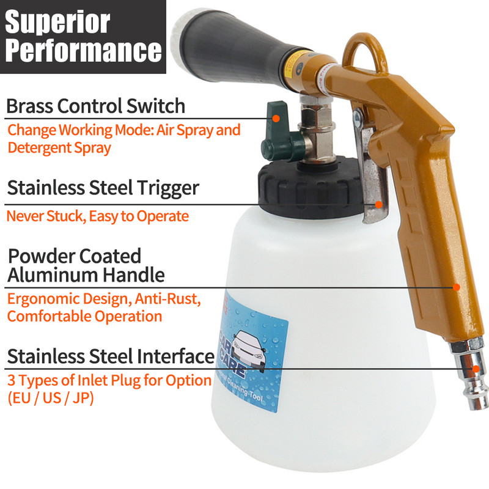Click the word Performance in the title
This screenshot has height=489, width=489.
pos(83,52)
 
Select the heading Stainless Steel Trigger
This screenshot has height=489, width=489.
pos(103,188)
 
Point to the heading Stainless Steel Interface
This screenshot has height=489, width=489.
pos(111,356)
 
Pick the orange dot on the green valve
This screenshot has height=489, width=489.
pos(276,117)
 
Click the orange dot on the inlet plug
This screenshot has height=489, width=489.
pos(476,369)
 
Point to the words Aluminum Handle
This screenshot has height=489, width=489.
pos(86,274)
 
